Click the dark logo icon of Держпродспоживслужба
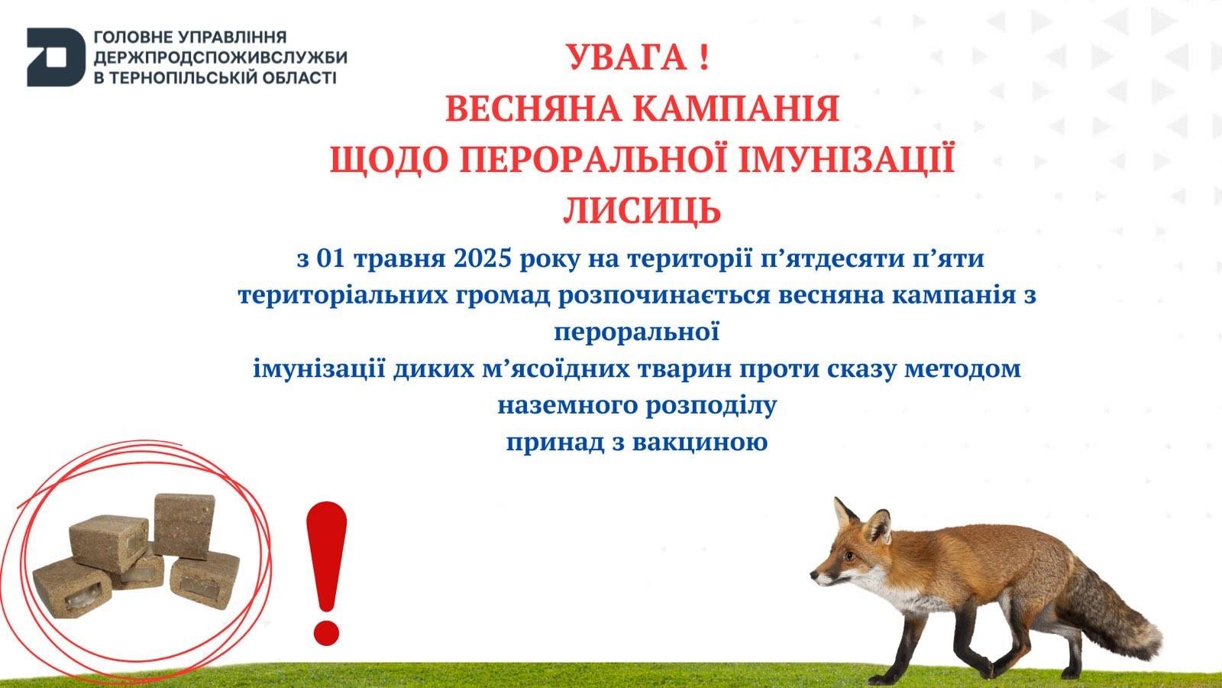pos(57,57)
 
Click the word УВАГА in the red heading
pos(626,57)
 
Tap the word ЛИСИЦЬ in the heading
pos(642,211)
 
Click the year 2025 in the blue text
pos(482,258)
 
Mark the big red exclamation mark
pos(327,573)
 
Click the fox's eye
pos(849,556)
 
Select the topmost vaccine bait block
pos(184,526)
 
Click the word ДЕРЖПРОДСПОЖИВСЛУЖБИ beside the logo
pos(221,57)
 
